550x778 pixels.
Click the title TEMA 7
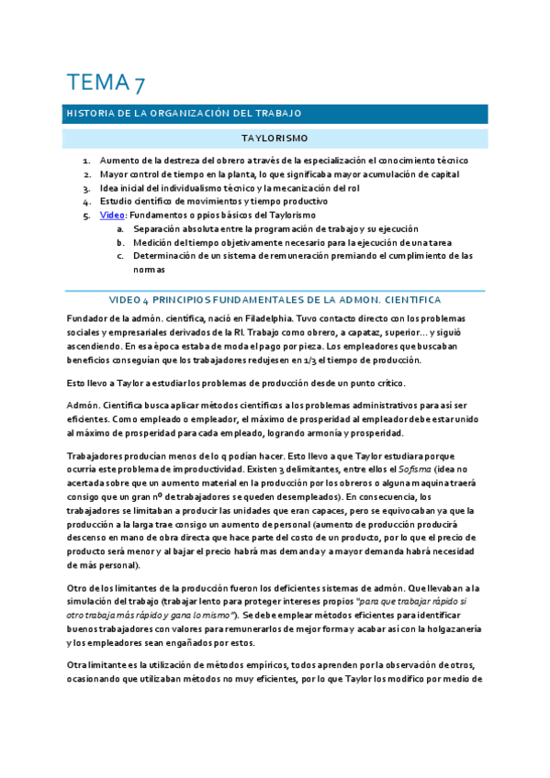coord(103,83)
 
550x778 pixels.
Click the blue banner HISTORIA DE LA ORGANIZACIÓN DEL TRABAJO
coord(184,114)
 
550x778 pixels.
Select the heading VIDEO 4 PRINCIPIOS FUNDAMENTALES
coord(275,300)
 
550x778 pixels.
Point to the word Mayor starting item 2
coord(116,173)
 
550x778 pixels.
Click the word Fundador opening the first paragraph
coord(87,318)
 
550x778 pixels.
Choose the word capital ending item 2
coord(443,173)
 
